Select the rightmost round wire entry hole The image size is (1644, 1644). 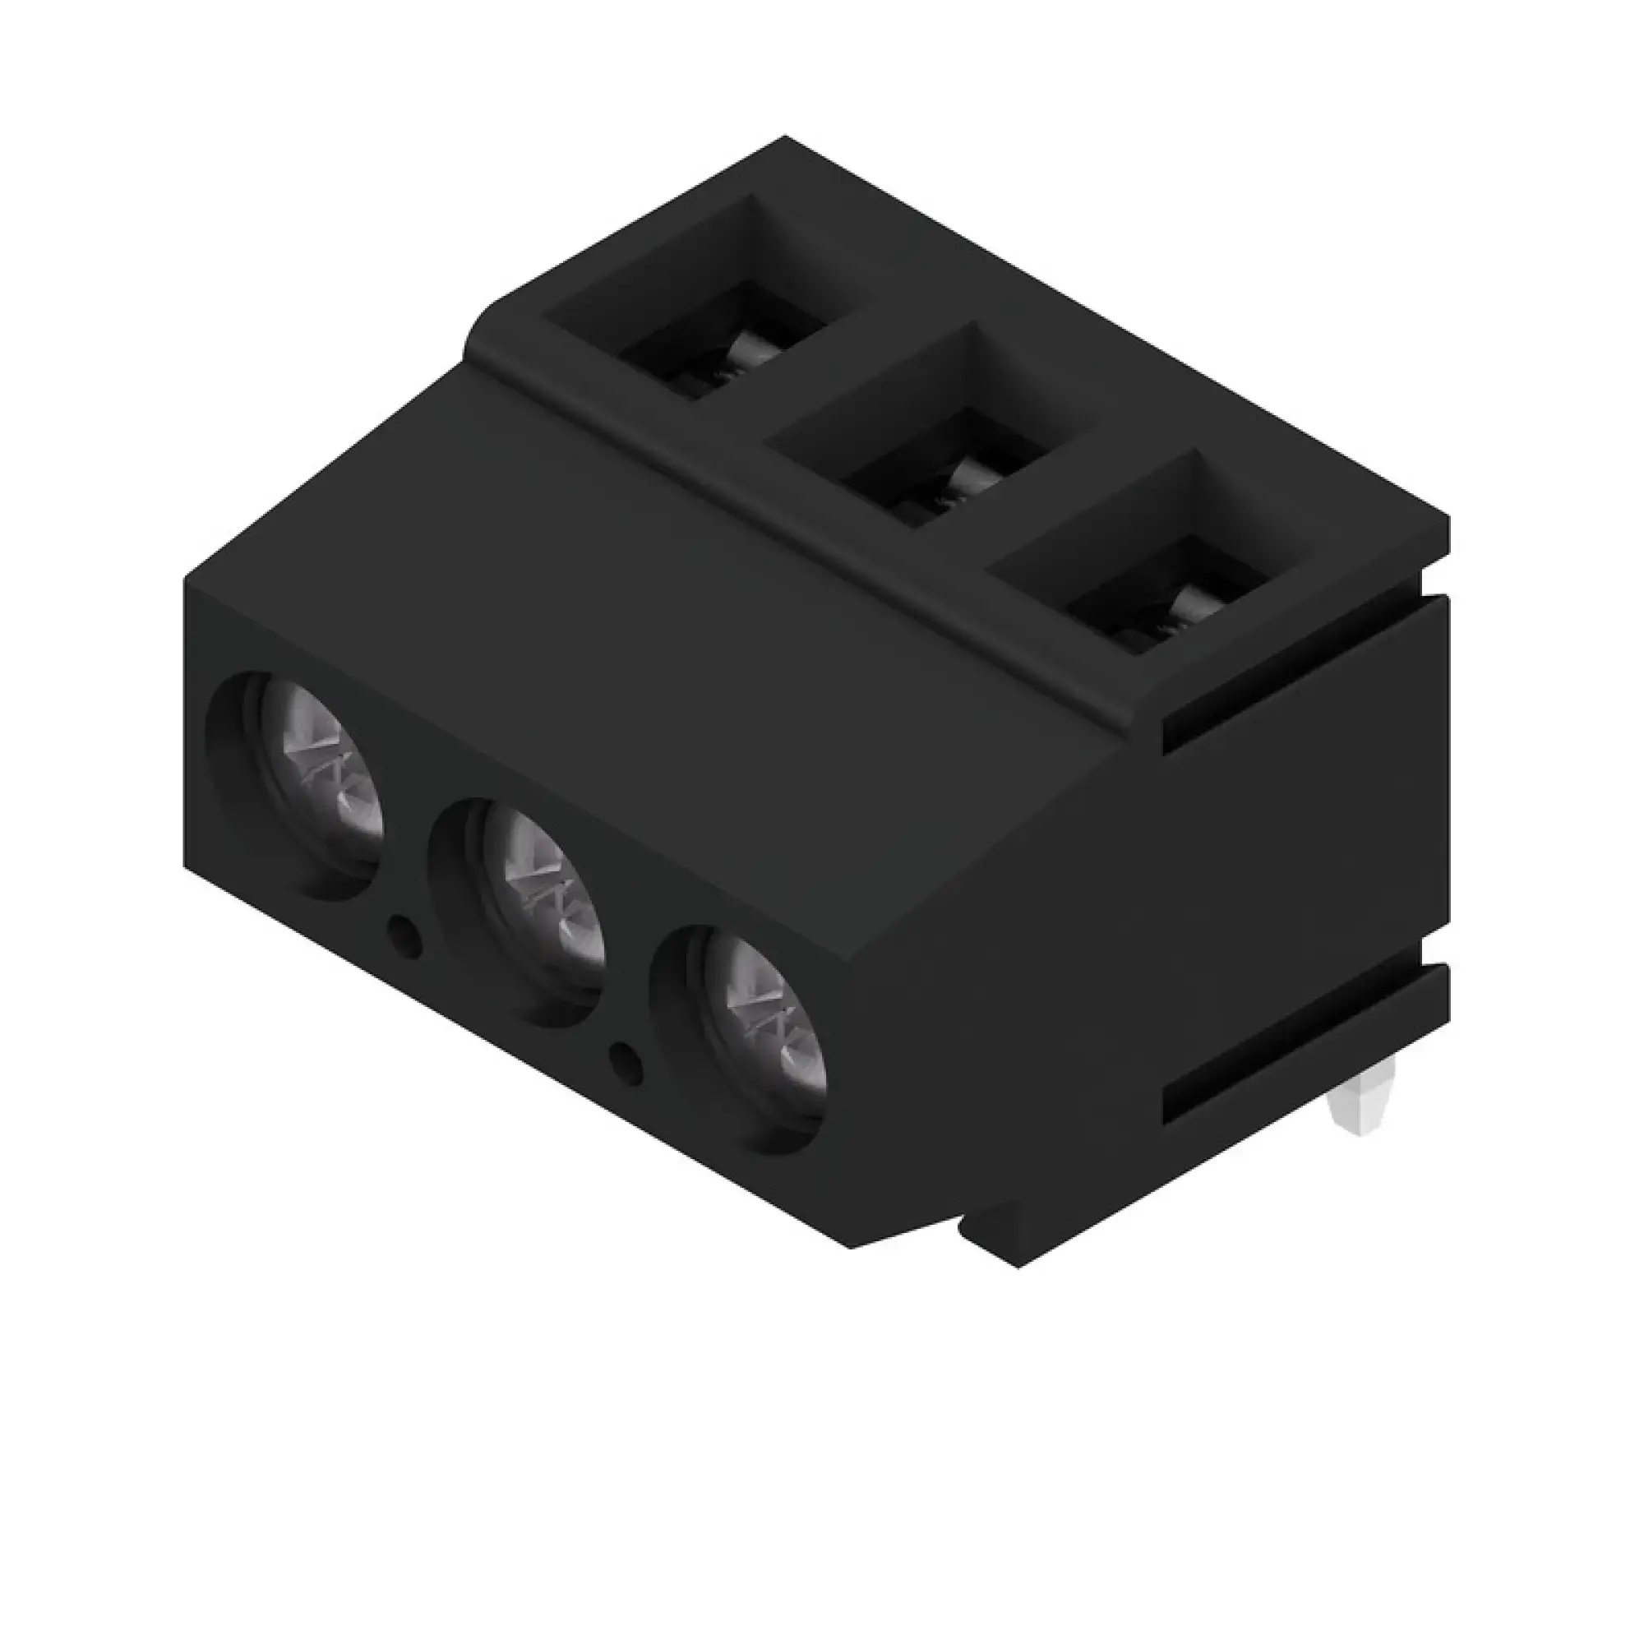738,1038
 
